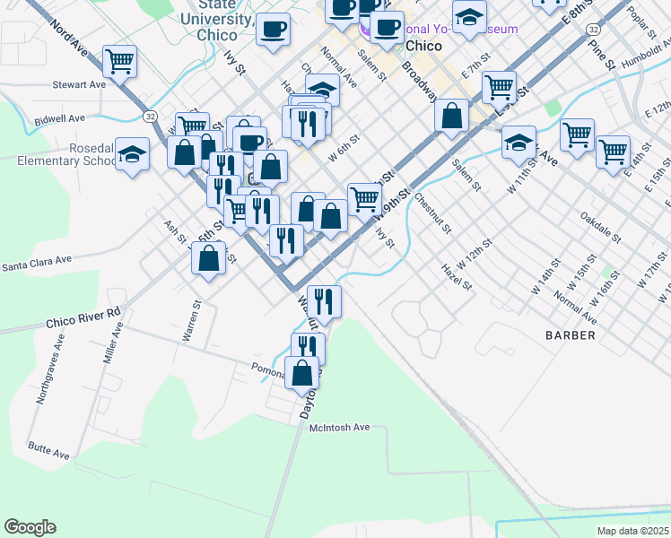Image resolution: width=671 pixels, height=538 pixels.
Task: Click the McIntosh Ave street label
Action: point(340,428)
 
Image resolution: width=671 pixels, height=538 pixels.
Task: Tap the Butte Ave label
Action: point(48,450)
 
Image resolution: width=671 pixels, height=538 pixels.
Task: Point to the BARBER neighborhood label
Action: point(570,335)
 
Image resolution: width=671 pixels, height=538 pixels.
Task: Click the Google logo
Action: point(30,527)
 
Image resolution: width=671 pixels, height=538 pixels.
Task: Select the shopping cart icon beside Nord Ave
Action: point(119,62)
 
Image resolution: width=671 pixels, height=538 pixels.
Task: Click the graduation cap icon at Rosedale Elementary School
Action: point(132,153)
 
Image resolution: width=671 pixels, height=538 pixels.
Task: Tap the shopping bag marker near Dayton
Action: point(302,371)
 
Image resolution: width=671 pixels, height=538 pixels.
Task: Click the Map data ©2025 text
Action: point(633,531)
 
